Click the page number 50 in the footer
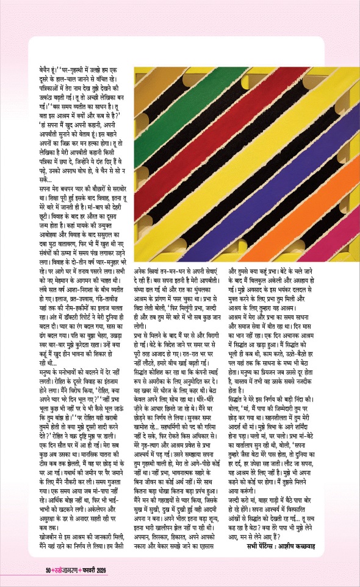point(34,570)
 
